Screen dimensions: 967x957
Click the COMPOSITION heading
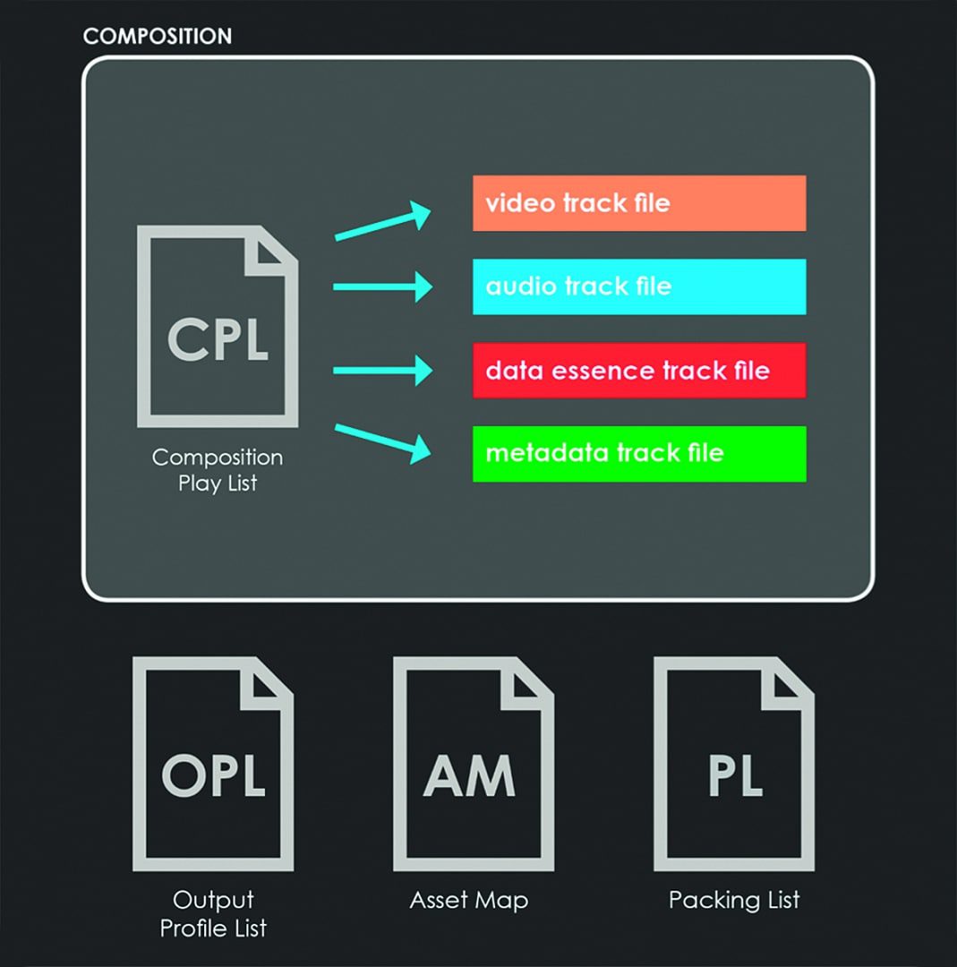coord(157,37)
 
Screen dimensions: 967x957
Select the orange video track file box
coord(638,203)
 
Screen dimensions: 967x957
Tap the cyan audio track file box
coord(638,287)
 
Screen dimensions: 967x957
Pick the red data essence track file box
coord(638,370)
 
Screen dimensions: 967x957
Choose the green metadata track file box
coord(638,453)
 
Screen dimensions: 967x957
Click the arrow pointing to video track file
coord(382,223)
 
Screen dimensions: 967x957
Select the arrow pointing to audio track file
coord(382,287)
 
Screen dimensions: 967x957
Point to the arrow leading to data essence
coord(382,370)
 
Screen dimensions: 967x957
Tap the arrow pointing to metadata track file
coord(382,441)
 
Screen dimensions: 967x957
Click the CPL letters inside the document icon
coord(218,339)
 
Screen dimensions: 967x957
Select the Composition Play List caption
coord(218,470)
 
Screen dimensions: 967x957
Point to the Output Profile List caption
coord(213,914)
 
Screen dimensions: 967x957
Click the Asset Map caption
coord(469,900)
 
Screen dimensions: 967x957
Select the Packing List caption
coord(734,900)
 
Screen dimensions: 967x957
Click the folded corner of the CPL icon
coord(274,248)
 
